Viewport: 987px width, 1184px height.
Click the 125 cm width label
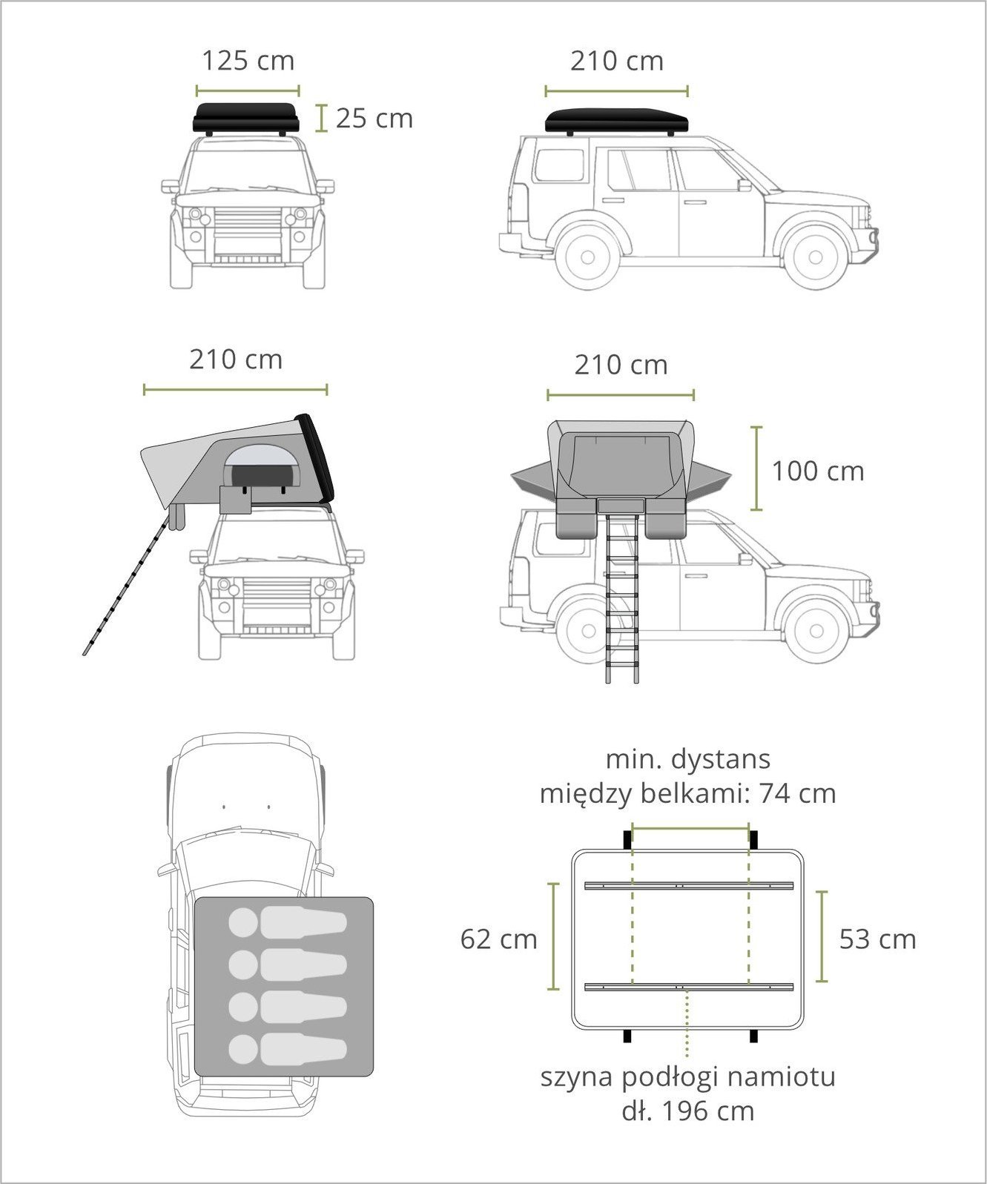(248, 61)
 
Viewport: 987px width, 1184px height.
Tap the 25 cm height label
(374, 119)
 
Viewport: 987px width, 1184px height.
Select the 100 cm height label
(818, 472)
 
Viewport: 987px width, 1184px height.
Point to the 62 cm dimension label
(498, 939)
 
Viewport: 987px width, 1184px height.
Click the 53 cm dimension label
(877, 939)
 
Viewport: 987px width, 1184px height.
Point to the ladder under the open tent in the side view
(623, 598)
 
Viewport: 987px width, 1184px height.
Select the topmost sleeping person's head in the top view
(244, 922)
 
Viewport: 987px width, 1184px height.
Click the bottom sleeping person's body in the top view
(303, 1049)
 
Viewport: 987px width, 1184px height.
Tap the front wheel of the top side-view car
(815, 257)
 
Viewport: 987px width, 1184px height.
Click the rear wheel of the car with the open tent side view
(588, 630)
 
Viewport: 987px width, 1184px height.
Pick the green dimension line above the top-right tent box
(616, 90)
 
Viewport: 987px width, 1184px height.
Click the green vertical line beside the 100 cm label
(756, 469)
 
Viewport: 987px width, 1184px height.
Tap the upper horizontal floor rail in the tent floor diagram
(689, 885)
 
